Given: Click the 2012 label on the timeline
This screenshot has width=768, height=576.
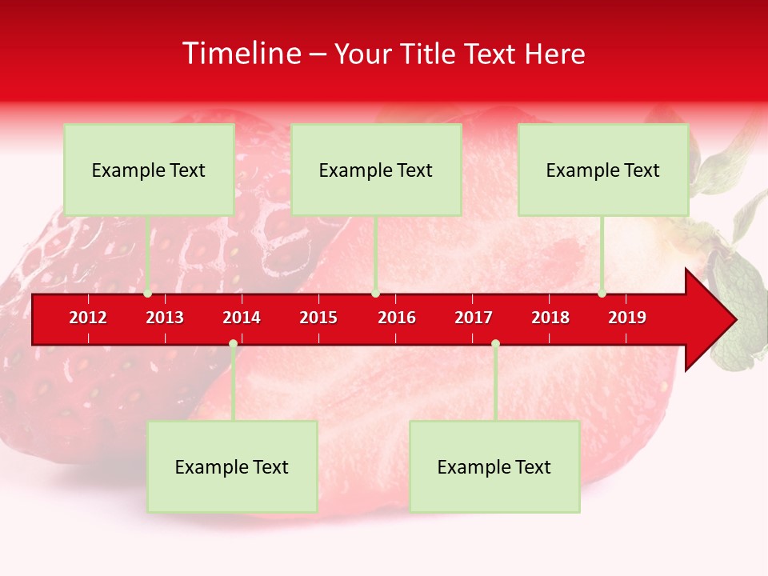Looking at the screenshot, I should click(x=88, y=318).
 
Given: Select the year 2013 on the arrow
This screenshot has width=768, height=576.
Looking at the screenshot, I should click(x=165, y=318).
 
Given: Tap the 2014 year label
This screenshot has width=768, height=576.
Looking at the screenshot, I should click(x=242, y=318).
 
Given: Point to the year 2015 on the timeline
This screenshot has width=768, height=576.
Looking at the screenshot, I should click(x=318, y=318).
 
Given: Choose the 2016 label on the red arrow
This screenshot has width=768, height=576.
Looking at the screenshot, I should click(x=397, y=318).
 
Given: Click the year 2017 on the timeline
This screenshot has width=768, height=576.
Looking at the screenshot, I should click(x=474, y=318).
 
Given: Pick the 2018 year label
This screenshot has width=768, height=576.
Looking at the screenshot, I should click(x=550, y=318).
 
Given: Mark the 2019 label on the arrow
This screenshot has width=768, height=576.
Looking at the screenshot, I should click(x=627, y=318).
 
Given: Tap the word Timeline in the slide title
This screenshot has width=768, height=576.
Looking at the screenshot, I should click(x=242, y=54).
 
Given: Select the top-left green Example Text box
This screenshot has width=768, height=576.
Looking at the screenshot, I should click(x=149, y=170).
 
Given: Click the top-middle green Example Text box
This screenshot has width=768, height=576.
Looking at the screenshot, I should click(x=376, y=170).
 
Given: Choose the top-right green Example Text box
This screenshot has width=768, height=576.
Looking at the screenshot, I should click(x=603, y=170).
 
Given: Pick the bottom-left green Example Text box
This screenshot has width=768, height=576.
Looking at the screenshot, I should click(x=232, y=466).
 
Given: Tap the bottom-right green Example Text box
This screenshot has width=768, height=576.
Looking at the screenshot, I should click(x=494, y=466).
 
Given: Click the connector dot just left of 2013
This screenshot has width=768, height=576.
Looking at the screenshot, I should click(x=148, y=294).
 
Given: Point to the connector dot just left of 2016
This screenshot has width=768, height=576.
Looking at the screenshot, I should click(x=375, y=294).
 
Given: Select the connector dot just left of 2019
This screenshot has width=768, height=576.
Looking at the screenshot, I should click(x=602, y=294).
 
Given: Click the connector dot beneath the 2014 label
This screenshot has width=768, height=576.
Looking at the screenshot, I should click(x=233, y=343).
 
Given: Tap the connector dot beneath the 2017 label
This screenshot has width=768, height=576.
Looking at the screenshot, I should click(x=495, y=343).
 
